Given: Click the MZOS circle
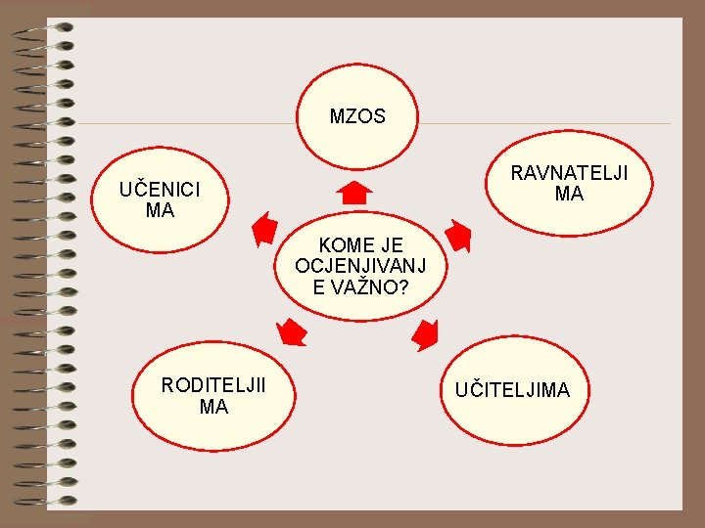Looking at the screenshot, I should click(357, 117).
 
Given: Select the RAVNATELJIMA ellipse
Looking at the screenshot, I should click(569, 184).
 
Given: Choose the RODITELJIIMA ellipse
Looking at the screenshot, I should click(213, 395).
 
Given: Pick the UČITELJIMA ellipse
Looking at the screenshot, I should click(511, 391).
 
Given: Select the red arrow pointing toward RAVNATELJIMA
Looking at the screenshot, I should click(457, 236).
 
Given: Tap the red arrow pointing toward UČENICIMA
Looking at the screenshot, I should click(263, 230).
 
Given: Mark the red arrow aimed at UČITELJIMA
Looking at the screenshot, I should click(425, 334).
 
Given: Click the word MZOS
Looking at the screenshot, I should click(357, 117).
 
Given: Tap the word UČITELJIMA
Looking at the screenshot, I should click(511, 391).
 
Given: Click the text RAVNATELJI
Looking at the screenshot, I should click(569, 174).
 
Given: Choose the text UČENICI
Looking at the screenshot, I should click(159, 190).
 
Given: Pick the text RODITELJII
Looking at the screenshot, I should click(213, 385).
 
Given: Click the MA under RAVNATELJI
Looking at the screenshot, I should click(569, 195).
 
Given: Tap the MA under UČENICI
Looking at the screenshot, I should click(159, 210).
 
